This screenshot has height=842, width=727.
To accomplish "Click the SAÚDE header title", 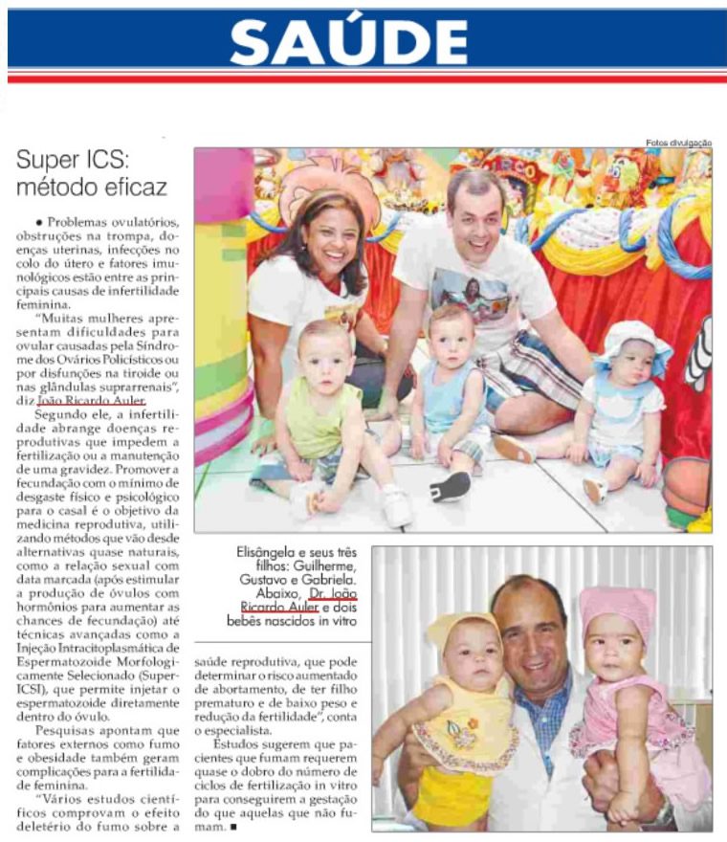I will tap(348, 42).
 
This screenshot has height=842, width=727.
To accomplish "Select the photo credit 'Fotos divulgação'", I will tap(679, 143).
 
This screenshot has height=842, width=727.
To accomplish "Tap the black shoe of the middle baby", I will tap(449, 486).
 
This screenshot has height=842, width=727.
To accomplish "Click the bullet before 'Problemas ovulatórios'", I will tap(36, 222).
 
